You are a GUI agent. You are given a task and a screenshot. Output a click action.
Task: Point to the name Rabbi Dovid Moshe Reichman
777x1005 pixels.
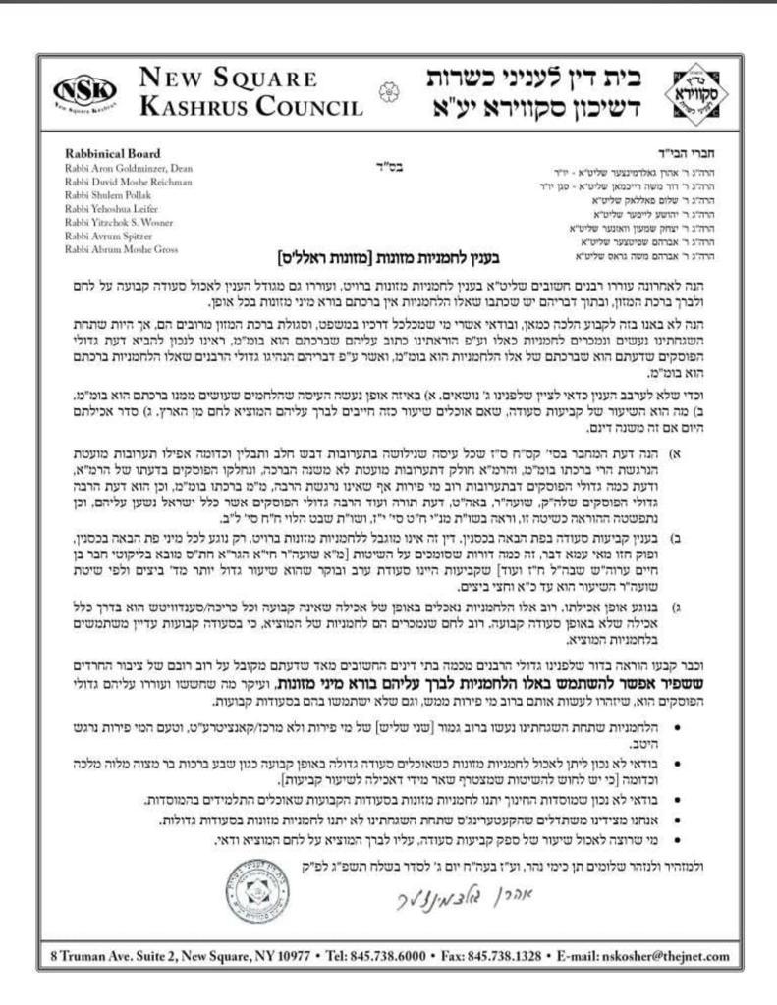coord(127,183)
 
